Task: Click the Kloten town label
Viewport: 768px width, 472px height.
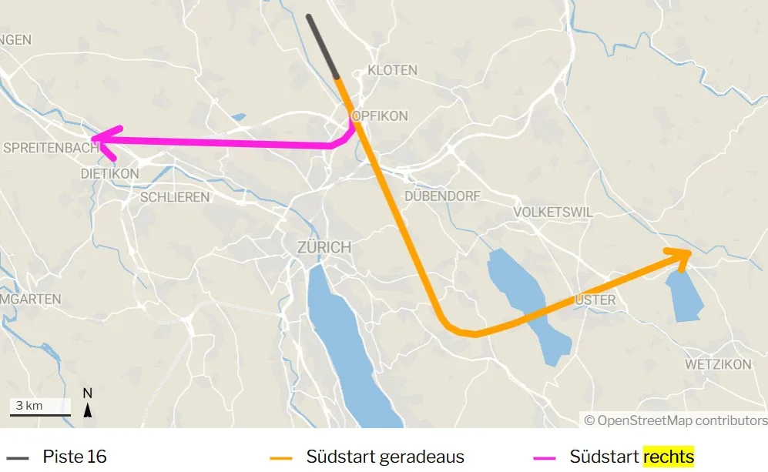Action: pos(393,70)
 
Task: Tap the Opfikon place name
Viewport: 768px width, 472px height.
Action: pos(380,115)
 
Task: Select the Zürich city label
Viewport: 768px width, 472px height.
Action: pos(324,247)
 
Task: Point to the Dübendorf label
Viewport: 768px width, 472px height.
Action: pos(441,196)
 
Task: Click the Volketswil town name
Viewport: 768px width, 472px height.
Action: pos(551,212)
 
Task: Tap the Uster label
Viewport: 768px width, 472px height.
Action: pos(595,300)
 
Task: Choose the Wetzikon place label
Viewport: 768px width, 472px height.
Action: pos(718,364)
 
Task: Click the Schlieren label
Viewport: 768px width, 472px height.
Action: pos(175,197)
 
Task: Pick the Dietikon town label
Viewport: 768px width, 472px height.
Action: pos(110,174)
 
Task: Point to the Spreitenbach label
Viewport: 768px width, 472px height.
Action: pos(50,147)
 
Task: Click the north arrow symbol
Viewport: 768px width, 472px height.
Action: pos(88,403)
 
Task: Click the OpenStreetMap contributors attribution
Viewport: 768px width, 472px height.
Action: pos(676,420)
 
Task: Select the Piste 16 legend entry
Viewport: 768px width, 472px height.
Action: pos(74,457)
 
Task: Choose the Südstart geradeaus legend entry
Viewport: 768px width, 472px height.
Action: pos(384,457)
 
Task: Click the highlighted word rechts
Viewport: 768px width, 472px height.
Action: pos(669,457)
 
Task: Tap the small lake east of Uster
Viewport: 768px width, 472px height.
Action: pos(684,296)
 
